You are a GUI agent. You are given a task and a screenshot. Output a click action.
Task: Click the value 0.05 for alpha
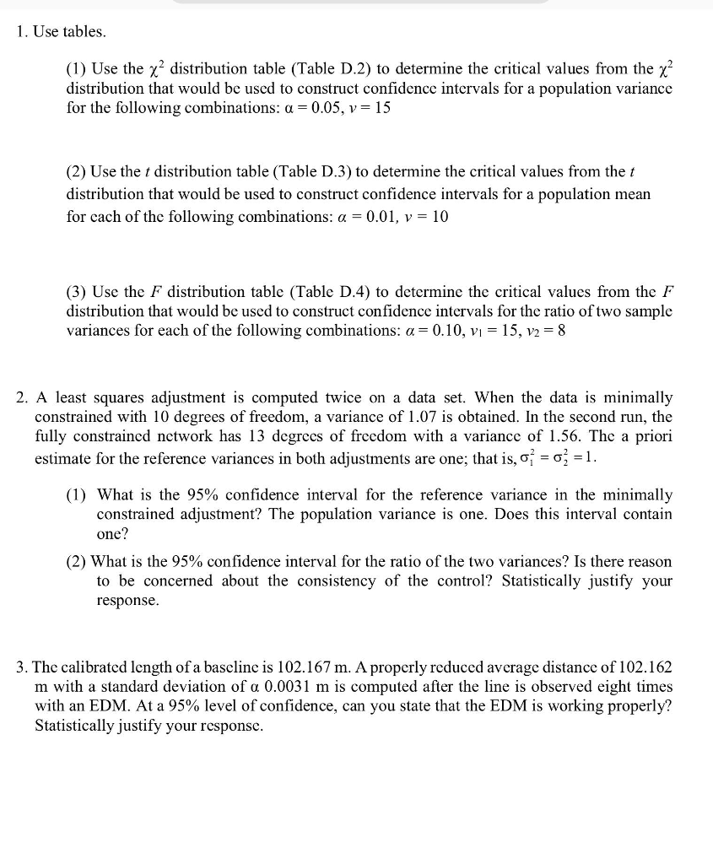(x=341, y=109)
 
